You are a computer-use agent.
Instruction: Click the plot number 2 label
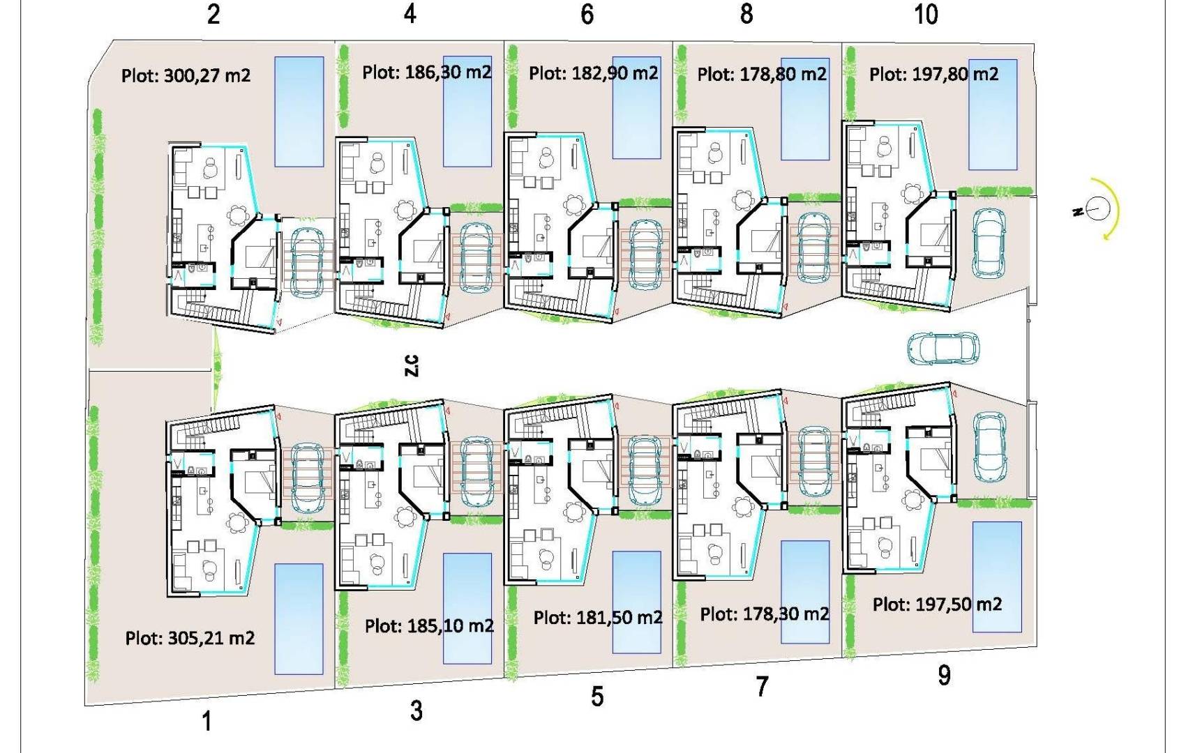(x=213, y=14)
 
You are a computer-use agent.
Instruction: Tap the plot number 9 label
(x=944, y=675)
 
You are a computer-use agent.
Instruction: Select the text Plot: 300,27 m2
(x=186, y=75)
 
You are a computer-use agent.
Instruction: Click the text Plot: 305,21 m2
(x=190, y=638)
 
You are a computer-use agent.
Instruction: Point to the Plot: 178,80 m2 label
(x=762, y=74)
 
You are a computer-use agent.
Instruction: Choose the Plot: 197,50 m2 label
(x=937, y=604)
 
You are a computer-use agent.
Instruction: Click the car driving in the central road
(x=943, y=349)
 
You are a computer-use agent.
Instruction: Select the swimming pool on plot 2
(x=299, y=112)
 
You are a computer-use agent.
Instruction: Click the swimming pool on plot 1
(x=299, y=619)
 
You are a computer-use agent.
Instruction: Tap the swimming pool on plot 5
(x=636, y=602)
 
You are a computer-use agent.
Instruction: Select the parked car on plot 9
(x=989, y=448)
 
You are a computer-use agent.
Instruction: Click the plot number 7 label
(x=762, y=687)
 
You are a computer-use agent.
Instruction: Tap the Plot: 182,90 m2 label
(x=593, y=73)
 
